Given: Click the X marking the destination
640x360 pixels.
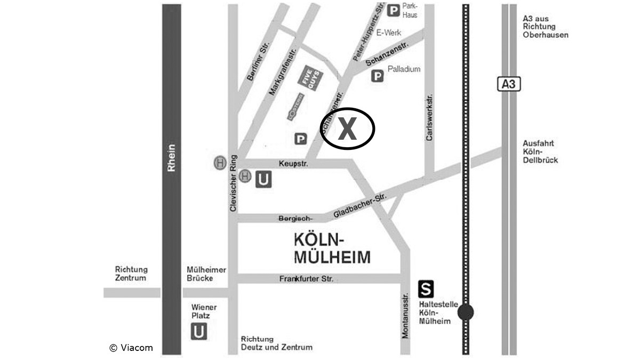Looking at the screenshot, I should [347, 129].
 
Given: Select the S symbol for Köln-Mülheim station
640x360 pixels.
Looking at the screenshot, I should [426, 290].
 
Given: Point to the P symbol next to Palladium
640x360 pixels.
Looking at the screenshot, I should [377, 77].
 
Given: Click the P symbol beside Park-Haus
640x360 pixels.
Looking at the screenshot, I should [393, 10].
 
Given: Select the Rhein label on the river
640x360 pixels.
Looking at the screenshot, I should [171, 158].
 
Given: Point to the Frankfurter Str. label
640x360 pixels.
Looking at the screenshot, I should [306, 278].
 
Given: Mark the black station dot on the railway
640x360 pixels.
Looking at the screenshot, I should [466, 312].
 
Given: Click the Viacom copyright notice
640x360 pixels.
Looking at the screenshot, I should [131, 348].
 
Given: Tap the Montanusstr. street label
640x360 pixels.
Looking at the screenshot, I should [405, 315].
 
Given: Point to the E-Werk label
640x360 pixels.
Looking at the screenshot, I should [388, 33].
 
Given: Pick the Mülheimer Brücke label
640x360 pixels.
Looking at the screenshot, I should [206, 274].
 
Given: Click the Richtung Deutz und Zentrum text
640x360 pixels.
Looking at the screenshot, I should [276, 343].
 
